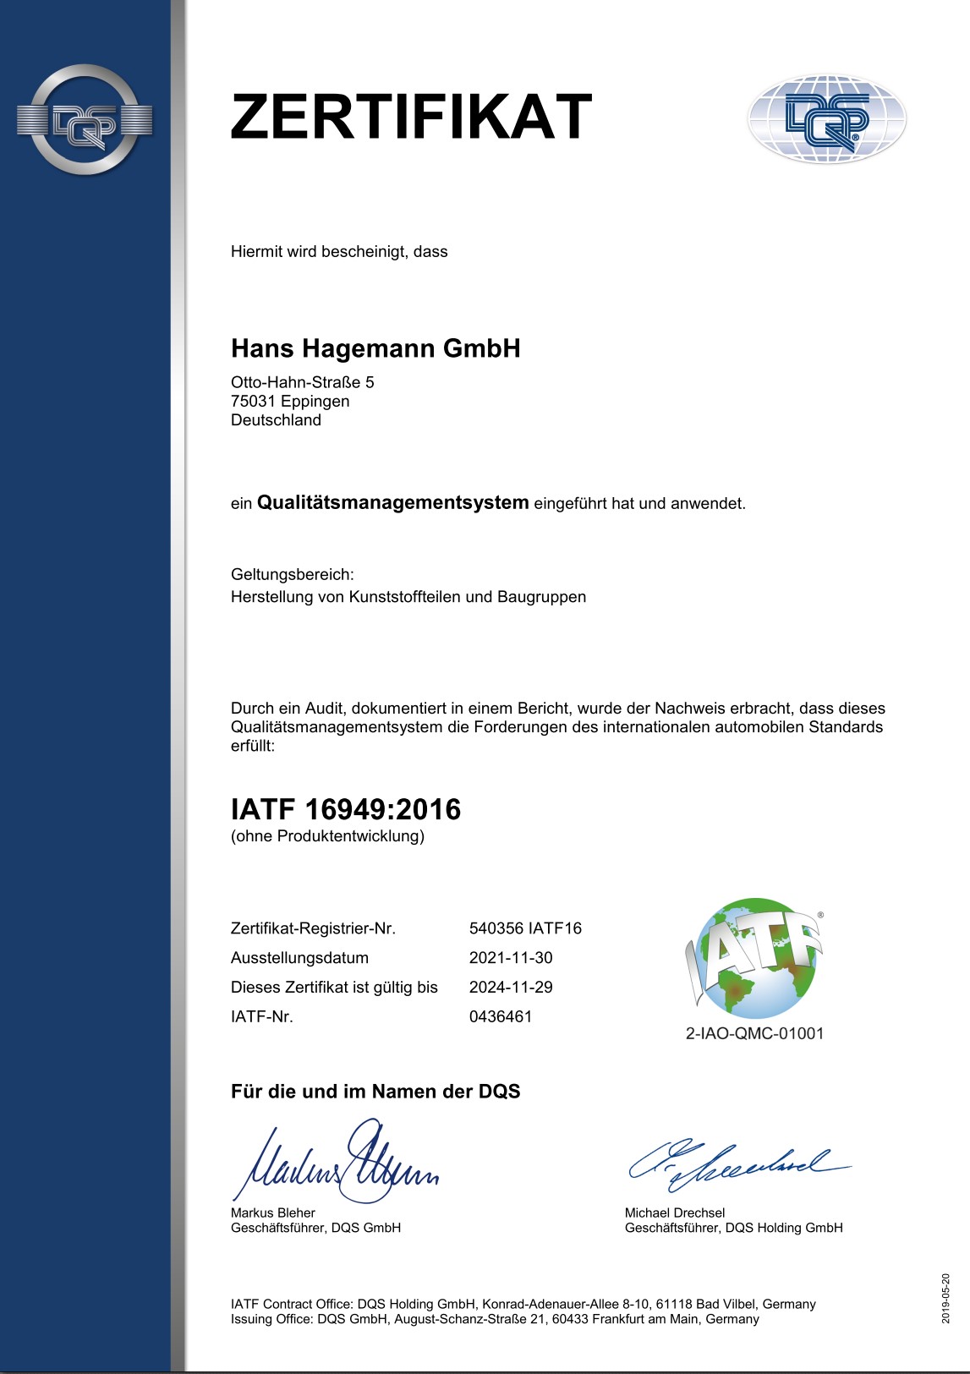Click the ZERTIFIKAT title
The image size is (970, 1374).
pyautogui.click(x=411, y=118)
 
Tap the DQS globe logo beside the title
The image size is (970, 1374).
pyautogui.click(x=826, y=118)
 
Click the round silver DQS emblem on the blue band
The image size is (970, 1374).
pyautogui.click(x=85, y=120)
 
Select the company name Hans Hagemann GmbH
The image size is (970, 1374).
pyautogui.click(x=375, y=348)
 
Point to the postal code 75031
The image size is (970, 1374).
pyautogui.click(x=254, y=402)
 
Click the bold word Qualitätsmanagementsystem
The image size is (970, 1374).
pyautogui.click(x=392, y=503)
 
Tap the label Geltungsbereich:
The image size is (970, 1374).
pyautogui.click(x=293, y=575)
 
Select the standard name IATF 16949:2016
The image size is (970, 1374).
pyautogui.click(x=346, y=809)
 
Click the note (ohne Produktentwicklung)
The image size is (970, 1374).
pyautogui.click(x=327, y=836)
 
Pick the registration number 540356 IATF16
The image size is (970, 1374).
pyautogui.click(x=525, y=928)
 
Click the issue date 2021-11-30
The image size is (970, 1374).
pyautogui.click(x=511, y=958)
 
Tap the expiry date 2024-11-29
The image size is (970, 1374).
pyautogui.click(x=511, y=987)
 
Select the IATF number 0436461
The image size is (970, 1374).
pyautogui.click(x=501, y=1016)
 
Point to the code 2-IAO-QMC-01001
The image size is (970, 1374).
pyautogui.click(x=754, y=1033)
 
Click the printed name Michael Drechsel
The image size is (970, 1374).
pyautogui.click(x=674, y=1213)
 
